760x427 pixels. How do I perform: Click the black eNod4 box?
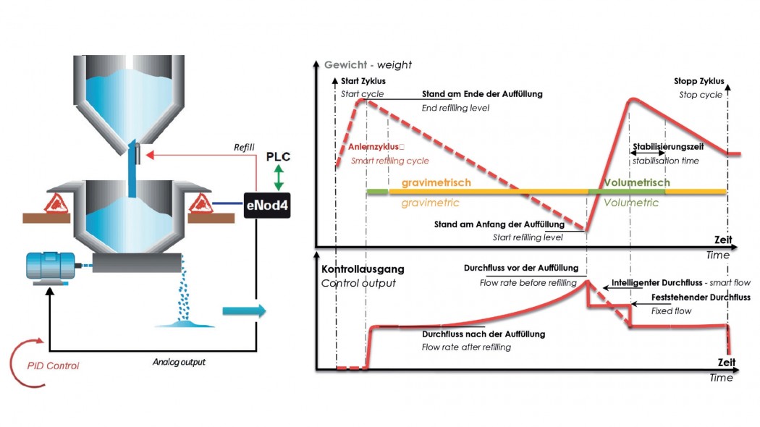pyautogui.click(x=266, y=205)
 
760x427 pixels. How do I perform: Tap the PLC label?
pyautogui.click(x=278, y=156)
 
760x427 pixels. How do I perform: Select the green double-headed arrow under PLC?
pyautogui.click(x=279, y=177)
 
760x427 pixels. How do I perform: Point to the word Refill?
pyautogui.click(x=244, y=147)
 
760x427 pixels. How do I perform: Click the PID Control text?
pyautogui.click(x=53, y=365)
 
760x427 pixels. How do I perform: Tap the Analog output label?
pyautogui.click(x=179, y=362)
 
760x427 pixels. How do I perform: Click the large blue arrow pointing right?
pyautogui.click(x=245, y=310)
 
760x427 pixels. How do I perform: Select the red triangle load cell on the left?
pyautogui.click(x=56, y=203)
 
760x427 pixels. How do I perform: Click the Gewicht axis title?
pyautogui.click(x=368, y=64)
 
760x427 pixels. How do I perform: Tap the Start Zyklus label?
pyautogui.click(x=363, y=81)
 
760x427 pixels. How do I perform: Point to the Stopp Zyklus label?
pyautogui.click(x=699, y=81)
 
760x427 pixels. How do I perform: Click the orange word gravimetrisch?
pyautogui.click(x=436, y=182)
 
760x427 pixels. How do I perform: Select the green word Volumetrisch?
pyautogui.click(x=637, y=182)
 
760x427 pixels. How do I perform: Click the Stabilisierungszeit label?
pyautogui.click(x=668, y=146)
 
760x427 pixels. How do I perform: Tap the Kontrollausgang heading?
pyautogui.click(x=363, y=269)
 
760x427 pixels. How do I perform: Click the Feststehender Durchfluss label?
pyautogui.click(x=701, y=297)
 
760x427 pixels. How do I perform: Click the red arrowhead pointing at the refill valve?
pyautogui.click(x=150, y=155)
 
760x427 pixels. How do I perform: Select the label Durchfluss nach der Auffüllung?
pyautogui.click(x=484, y=334)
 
